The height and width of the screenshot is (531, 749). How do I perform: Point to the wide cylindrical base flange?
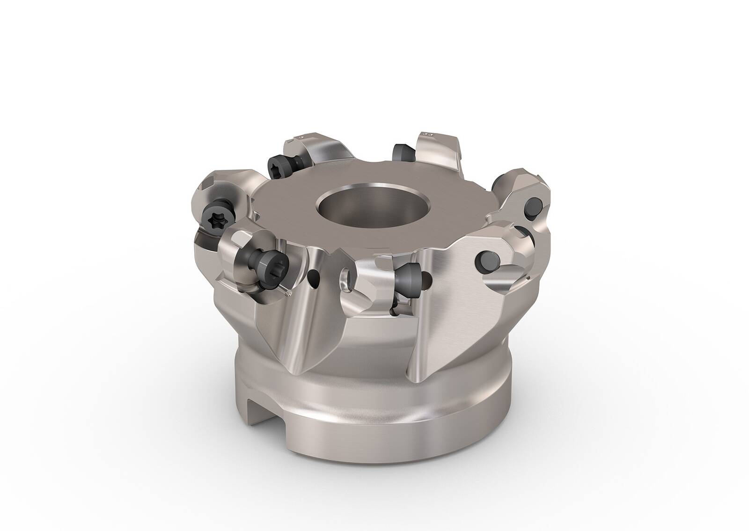[x=374, y=421]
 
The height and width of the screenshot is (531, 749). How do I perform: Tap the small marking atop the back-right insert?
[x=427, y=134]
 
